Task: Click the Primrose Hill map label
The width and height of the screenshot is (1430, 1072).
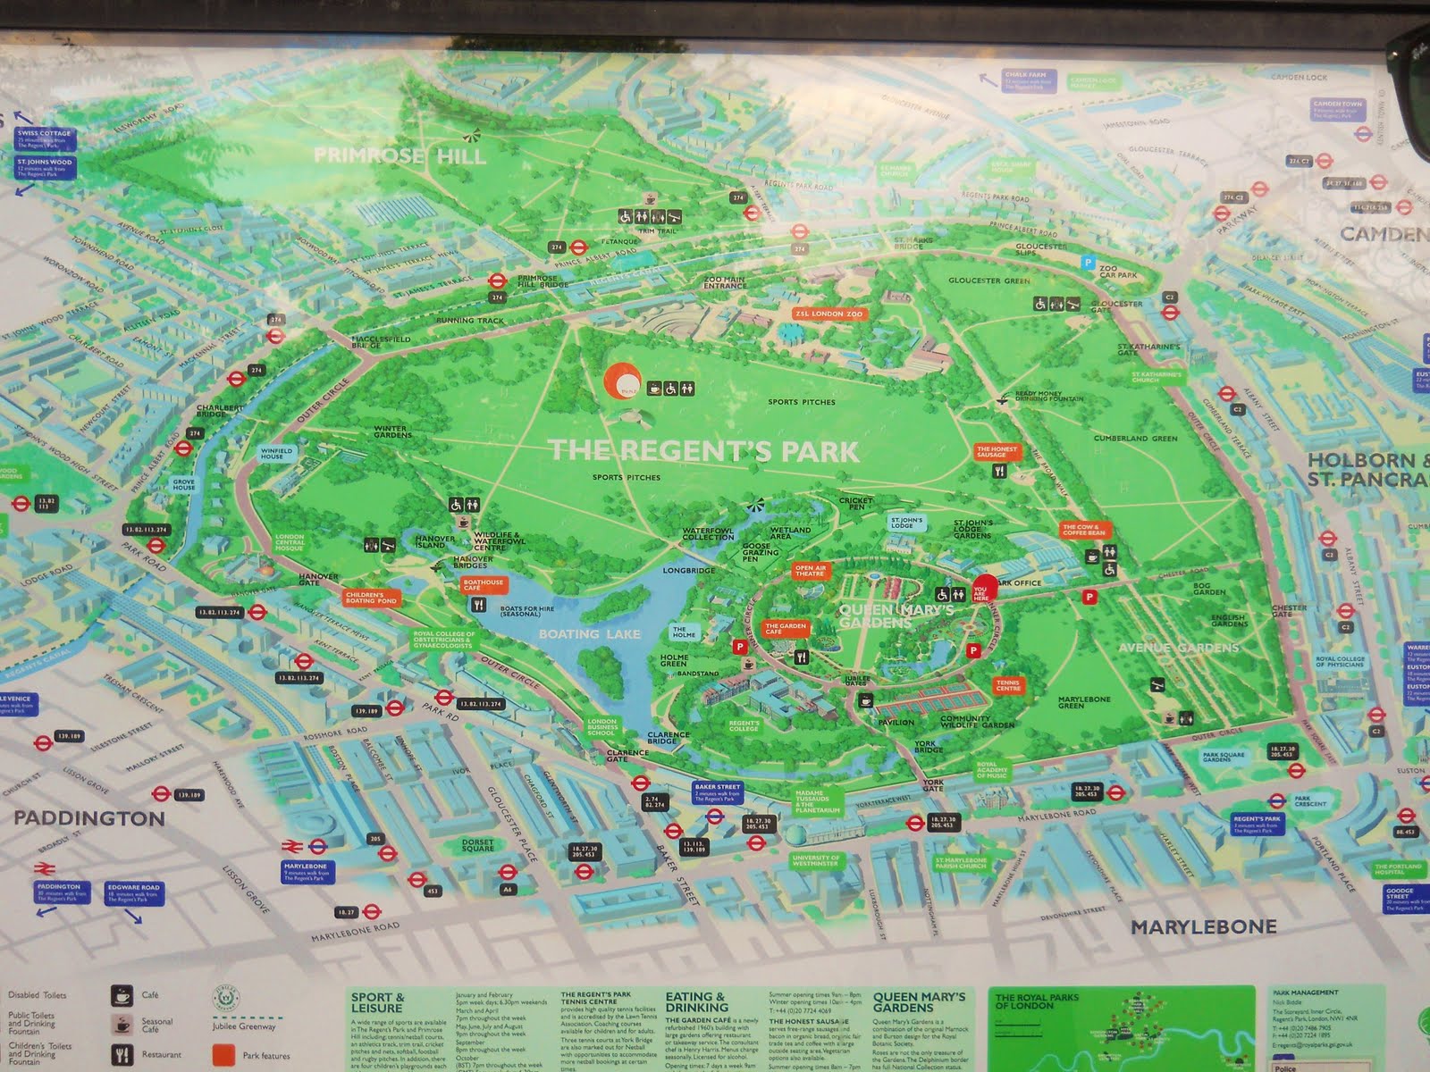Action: click(400, 156)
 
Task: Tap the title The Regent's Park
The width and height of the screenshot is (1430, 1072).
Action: click(703, 450)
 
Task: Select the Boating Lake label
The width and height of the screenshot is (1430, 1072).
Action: click(589, 633)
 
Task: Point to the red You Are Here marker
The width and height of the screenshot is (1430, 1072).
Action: click(982, 590)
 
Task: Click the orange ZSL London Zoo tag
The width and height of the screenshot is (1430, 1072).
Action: click(829, 314)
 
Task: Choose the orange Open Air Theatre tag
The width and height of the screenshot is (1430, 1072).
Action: click(809, 570)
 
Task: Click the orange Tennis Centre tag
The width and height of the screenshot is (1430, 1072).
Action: click(1007, 686)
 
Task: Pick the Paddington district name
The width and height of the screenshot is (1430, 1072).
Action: click(88, 818)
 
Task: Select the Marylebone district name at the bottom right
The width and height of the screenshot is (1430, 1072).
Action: click(1203, 927)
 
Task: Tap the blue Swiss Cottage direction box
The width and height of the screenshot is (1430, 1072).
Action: click(43, 138)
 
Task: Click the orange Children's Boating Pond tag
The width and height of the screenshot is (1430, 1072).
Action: click(365, 598)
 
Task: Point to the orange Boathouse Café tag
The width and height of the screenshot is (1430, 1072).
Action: click(484, 585)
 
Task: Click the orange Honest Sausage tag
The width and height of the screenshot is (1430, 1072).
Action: click(996, 452)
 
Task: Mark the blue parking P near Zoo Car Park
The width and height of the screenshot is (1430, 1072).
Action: click(1087, 263)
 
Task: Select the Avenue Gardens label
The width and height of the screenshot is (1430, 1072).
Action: click(1179, 647)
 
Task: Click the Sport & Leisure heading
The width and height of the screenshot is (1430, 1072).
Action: click(377, 1001)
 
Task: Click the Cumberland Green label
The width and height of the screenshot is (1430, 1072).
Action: click(1135, 439)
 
